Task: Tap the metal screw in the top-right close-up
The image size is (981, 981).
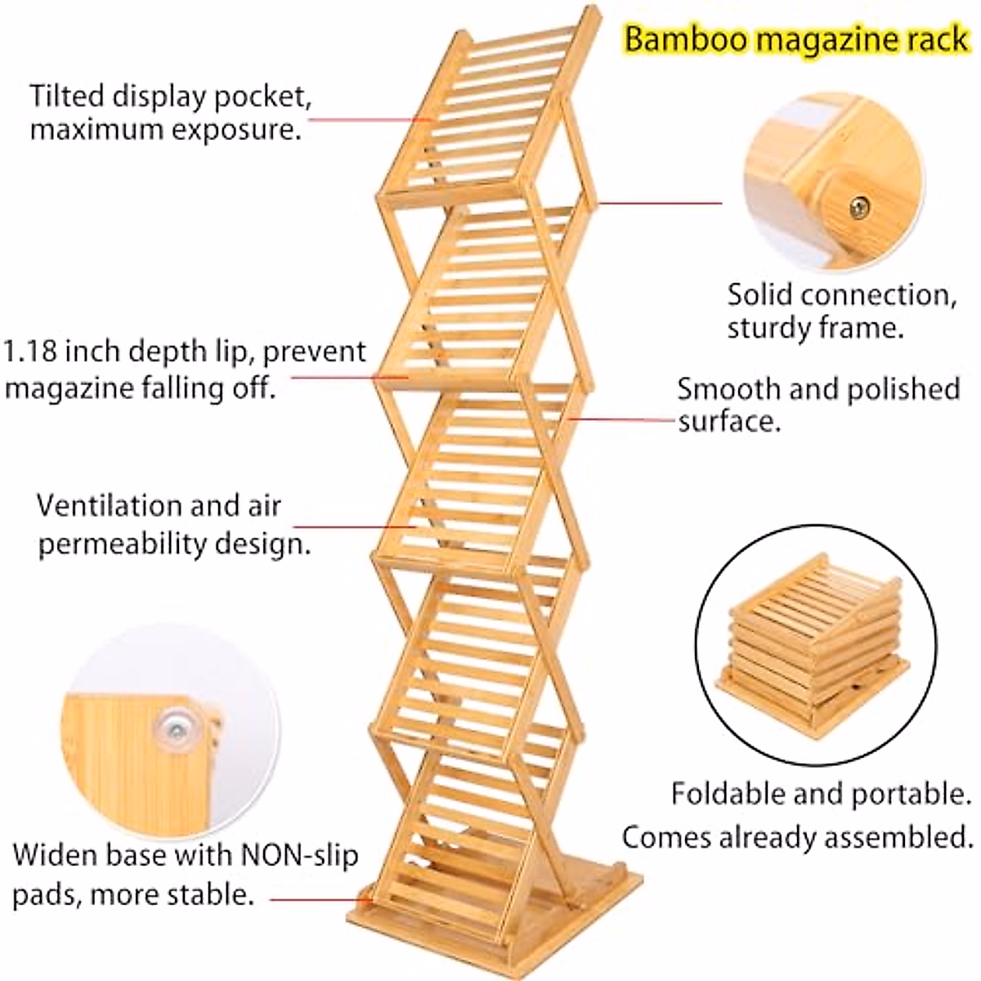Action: pyautogui.click(x=858, y=208)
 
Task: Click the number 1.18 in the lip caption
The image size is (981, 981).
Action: pyautogui.click(x=31, y=352)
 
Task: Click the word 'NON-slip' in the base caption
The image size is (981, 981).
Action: pyautogui.click(x=299, y=856)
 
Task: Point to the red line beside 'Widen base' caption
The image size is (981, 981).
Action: pyautogui.click(x=319, y=900)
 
